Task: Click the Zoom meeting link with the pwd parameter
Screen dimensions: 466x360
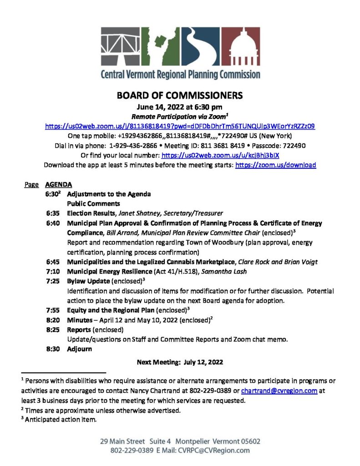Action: (x=180, y=126)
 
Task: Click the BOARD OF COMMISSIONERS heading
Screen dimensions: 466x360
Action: (x=180, y=96)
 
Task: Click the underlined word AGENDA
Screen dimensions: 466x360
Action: (x=58, y=185)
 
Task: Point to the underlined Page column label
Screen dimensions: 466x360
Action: (x=31, y=185)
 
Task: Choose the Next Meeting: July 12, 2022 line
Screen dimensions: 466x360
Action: (x=180, y=362)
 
